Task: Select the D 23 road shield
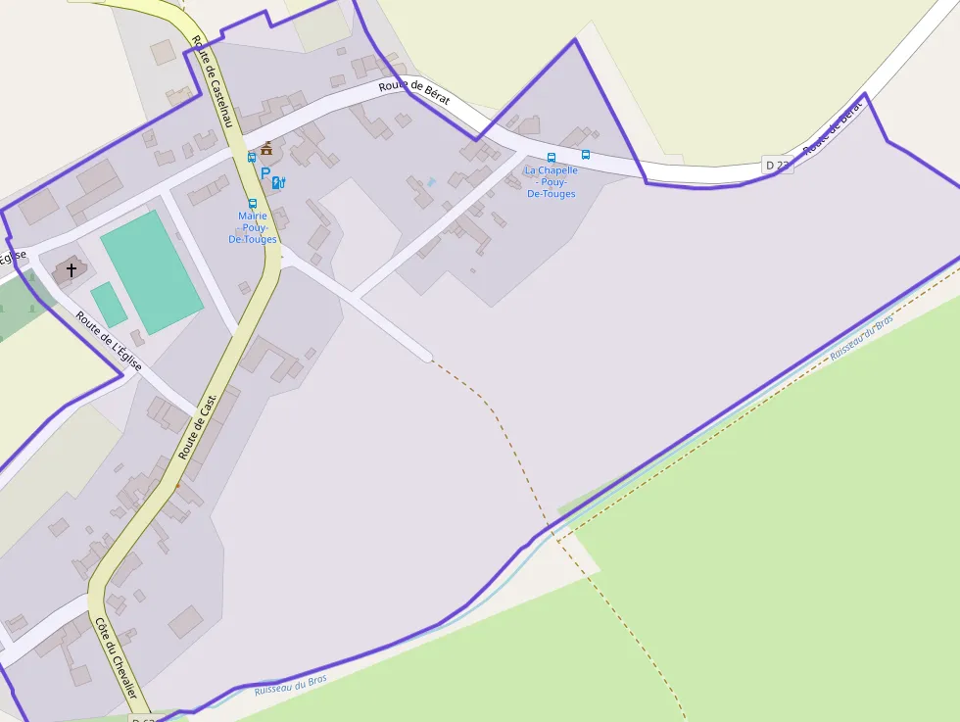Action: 777,165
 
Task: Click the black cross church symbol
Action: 71,268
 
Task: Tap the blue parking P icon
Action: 264,174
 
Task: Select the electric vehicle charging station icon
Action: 278,182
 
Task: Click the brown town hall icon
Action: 266,149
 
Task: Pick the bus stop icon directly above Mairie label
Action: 253,203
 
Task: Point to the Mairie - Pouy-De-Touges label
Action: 253,227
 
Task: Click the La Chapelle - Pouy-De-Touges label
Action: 551,182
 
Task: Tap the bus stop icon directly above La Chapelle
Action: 551,157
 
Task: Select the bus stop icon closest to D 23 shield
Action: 586,154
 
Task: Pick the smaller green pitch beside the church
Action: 109,304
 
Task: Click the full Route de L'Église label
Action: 109,341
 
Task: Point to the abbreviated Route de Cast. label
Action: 197,427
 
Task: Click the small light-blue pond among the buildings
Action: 430,182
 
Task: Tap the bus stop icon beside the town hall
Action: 252,157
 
